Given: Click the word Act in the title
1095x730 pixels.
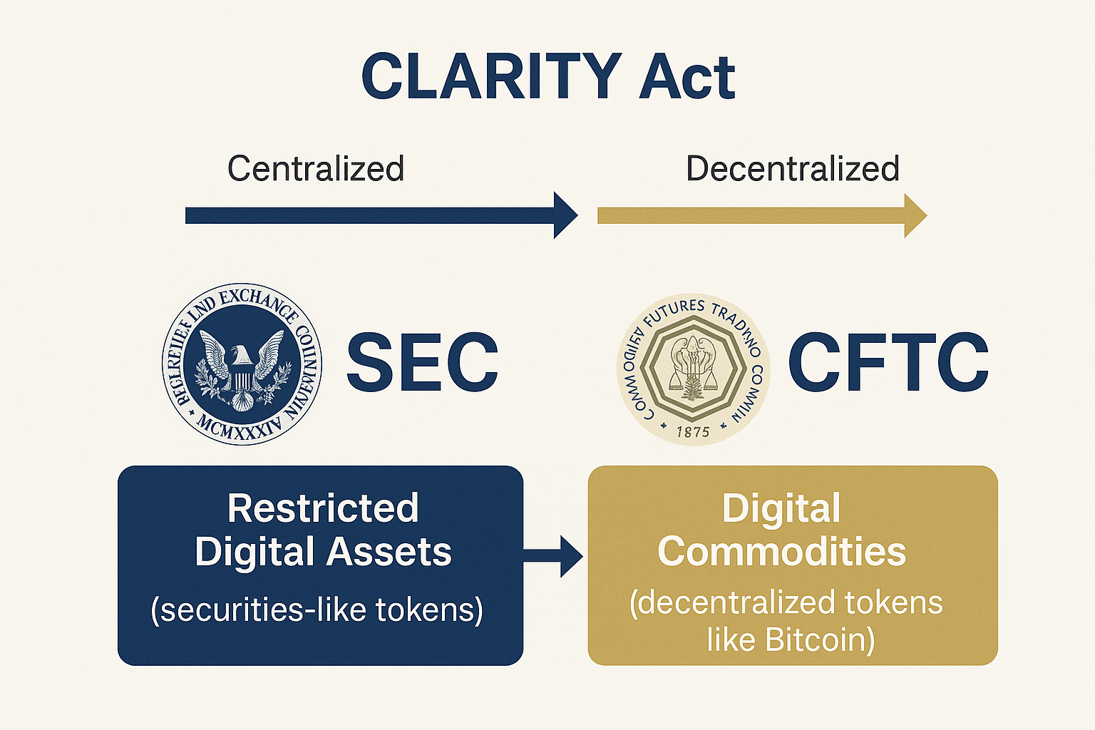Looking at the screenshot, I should click(x=687, y=76).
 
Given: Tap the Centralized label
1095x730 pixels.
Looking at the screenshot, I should click(x=316, y=169).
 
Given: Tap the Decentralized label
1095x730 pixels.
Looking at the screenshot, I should click(x=792, y=169).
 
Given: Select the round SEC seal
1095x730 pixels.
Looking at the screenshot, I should click(x=242, y=364).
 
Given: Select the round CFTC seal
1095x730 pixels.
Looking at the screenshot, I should click(x=693, y=369).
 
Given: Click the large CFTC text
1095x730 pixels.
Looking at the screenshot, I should click(x=888, y=362).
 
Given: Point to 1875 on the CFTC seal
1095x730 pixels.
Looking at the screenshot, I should click(x=693, y=431).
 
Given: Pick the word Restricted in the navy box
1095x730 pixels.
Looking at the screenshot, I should click(x=323, y=508).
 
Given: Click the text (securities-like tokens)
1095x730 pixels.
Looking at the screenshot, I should click(x=317, y=610).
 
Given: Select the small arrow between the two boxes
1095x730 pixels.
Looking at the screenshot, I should click(x=556, y=556).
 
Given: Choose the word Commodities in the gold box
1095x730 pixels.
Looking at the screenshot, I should click(x=781, y=552).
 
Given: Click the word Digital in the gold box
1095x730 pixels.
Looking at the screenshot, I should click(x=781, y=509).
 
